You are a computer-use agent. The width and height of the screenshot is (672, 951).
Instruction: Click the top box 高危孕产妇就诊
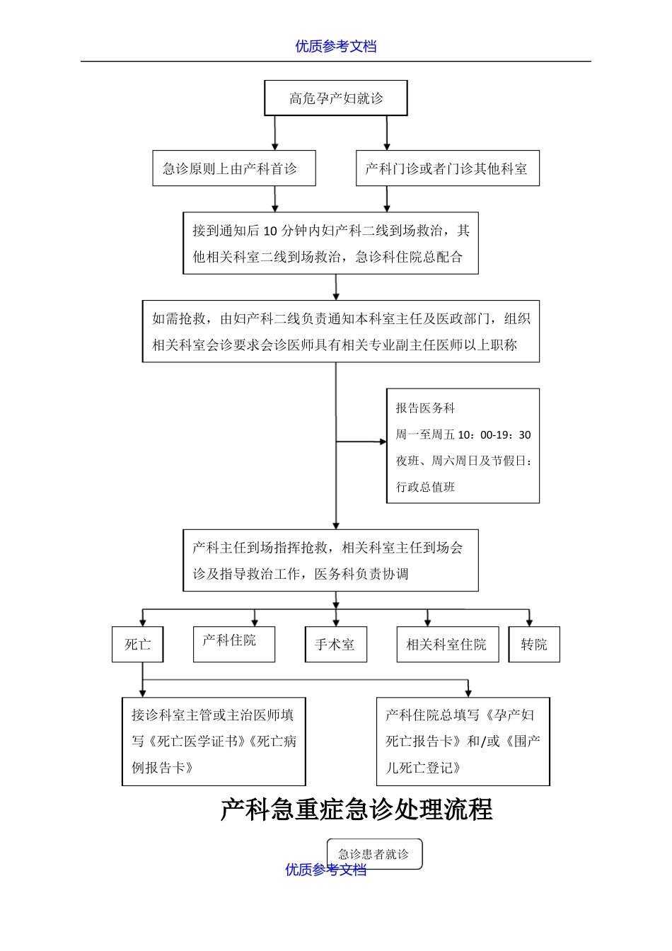click(x=336, y=98)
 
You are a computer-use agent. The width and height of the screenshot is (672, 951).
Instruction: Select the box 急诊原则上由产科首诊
click(x=234, y=168)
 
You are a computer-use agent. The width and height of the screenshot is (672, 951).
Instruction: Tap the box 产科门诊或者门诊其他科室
click(x=447, y=168)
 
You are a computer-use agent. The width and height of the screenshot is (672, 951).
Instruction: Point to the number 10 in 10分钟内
click(x=270, y=231)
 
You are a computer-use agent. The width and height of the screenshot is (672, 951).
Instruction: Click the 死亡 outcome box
click(x=137, y=645)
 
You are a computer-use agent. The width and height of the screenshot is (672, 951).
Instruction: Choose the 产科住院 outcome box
click(x=233, y=644)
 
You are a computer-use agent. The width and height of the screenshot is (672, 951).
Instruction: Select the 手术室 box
click(x=335, y=645)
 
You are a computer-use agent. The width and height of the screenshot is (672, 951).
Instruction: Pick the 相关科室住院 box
click(x=447, y=645)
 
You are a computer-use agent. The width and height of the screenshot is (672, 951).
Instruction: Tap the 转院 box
click(x=534, y=645)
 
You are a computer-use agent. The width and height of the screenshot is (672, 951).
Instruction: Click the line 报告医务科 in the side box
click(x=425, y=408)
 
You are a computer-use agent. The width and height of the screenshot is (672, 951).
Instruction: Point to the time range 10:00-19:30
click(x=494, y=434)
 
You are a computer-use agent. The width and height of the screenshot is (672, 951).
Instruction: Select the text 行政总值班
click(x=425, y=487)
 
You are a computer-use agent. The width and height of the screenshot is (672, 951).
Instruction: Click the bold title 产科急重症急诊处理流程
click(x=357, y=809)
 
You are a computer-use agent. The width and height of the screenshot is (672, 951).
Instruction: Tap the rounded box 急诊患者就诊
click(x=374, y=853)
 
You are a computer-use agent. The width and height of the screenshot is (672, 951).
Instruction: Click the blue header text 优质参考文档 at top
click(x=336, y=47)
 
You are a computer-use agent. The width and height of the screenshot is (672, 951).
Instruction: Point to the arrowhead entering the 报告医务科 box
click(x=383, y=442)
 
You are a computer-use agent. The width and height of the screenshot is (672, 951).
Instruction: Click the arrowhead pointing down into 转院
click(x=529, y=622)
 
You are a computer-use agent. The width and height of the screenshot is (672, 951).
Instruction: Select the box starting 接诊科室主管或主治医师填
click(x=214, y=742)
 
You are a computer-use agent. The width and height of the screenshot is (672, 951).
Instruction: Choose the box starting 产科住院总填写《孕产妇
click(x=463, y=742)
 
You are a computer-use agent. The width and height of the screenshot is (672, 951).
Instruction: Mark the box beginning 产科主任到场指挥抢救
click(x=330, y=560)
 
